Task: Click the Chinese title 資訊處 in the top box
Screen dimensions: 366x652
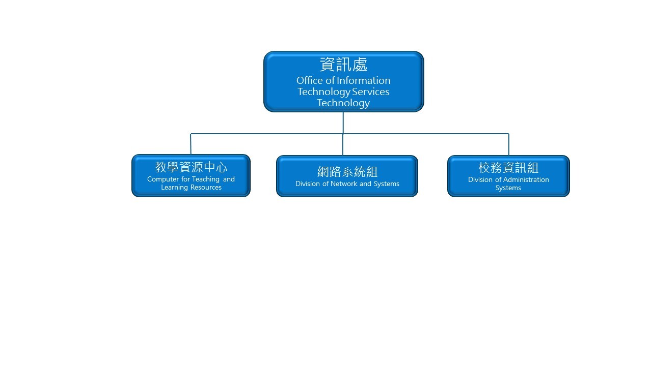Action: click(343, 65)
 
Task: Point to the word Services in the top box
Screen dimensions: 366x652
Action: click(371, 91)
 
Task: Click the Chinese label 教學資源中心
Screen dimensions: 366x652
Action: click(191, 167)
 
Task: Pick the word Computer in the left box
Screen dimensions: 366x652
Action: click(163, 179)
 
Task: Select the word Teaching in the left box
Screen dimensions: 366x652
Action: click(206, 179)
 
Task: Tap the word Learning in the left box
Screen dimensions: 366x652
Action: click(174, 187)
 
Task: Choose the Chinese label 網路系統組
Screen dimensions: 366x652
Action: click(347, 172)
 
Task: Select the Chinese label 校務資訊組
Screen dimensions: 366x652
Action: click(508, 168)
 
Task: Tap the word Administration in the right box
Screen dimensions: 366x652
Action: click(524, 179)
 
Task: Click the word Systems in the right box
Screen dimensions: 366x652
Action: click(508, 188)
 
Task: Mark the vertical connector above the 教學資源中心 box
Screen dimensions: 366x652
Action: click(191, 144)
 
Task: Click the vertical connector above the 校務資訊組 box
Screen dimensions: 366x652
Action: click(508, 144)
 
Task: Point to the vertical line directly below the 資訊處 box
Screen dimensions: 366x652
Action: click(343, 123)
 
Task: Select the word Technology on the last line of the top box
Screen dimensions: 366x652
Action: click(343, 103)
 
